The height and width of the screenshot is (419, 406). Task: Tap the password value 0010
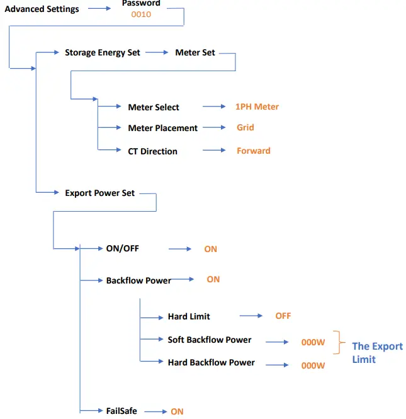pos(141,14)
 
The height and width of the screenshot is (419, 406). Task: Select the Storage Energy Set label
pos(103,53)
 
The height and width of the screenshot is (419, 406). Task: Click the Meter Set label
pos(195,53)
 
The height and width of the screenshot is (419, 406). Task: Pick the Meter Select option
pos(154,108)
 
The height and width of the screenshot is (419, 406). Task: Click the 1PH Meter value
pos(257,107)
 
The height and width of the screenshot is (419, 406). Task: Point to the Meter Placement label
pos(162,128)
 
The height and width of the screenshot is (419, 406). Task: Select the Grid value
pos(245,127)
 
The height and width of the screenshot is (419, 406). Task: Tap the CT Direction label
pos(152,151)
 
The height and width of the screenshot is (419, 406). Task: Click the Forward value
pos(254,151)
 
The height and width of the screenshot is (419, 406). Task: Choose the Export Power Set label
pos(99,193)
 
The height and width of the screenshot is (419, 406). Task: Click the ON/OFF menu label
pos(122,248)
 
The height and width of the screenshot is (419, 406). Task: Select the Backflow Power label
pos(138,280)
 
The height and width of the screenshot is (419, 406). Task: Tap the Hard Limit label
pos(189,316)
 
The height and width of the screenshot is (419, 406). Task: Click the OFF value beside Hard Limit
pos(283,316)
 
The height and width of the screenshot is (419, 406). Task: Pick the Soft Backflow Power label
pos(210,340)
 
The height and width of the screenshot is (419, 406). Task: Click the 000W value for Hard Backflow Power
pos(313,365)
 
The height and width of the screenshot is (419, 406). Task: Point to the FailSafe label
pos(121,411)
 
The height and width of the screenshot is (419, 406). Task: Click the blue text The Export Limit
pos(376,352)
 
